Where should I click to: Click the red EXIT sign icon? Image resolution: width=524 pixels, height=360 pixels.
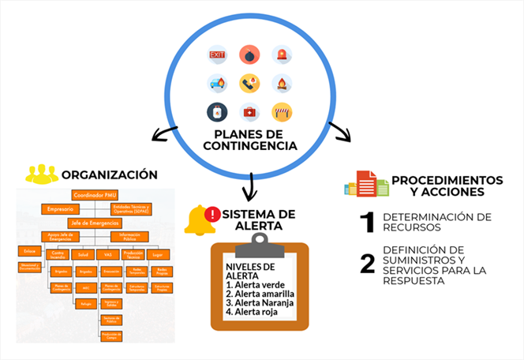click(x=217, y=55)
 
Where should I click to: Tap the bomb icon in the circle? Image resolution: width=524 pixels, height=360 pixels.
click(x=249, y=55)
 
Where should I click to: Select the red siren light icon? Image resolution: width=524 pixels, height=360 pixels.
click(x=282, y=55)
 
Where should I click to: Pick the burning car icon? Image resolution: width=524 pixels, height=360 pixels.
click(x=217, y=83)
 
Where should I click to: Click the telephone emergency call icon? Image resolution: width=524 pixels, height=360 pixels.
click(x=249, y=83)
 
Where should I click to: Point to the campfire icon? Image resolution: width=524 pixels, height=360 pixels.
click(x=282, y=83)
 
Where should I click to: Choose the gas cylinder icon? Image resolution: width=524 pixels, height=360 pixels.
click(x=217, y=111)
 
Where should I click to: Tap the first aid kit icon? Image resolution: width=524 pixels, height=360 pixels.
click(x=249, y=111)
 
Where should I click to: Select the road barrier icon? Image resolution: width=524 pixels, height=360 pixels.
click(x=282, y=111)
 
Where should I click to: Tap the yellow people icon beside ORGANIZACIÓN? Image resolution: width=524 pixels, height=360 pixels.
click(x=41, y=174)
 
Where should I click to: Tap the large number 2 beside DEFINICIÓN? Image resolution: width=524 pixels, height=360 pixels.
click(x=367, y=264)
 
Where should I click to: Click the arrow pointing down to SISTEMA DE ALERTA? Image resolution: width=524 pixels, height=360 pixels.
click(x=250, y=187)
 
